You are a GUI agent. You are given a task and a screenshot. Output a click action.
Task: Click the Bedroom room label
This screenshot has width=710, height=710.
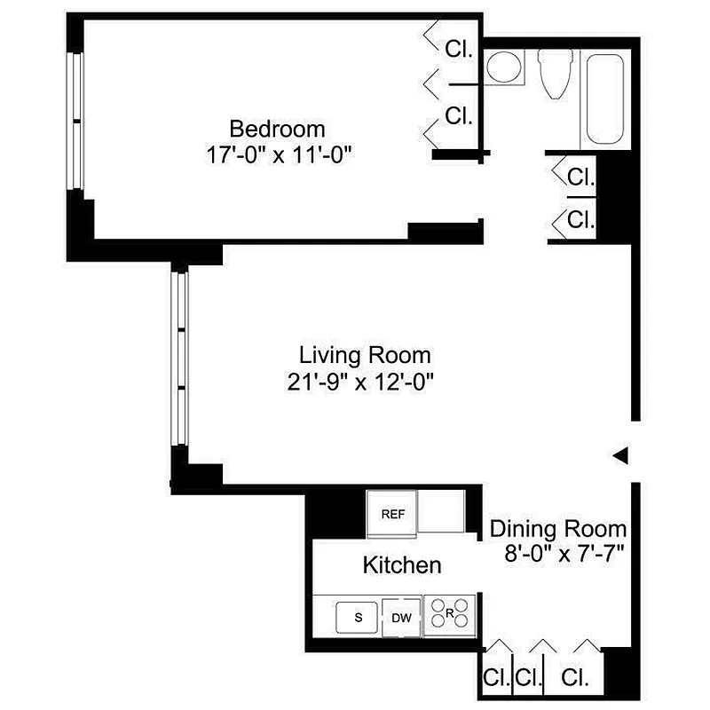click(x=277, y=128)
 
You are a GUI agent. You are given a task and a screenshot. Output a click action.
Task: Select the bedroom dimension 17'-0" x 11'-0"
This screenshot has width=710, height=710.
click(x=278, y=154)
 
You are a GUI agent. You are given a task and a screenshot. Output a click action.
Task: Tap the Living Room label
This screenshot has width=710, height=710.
click(x=365, y=356)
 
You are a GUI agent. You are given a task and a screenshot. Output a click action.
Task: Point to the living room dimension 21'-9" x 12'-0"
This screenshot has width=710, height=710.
click(x=365, y=383)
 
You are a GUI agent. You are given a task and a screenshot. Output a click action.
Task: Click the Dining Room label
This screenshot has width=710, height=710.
click(x=559, y=530)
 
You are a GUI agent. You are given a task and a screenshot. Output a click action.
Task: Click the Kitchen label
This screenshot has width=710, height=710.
click(x=401, y=564)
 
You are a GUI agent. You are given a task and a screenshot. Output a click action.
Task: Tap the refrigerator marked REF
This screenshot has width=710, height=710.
click(x=392, y=514)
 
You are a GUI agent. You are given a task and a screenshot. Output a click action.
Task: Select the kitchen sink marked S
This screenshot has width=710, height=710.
click(x=359, y=617)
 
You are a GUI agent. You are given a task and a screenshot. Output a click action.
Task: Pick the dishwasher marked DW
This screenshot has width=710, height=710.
click(x=401, y=618)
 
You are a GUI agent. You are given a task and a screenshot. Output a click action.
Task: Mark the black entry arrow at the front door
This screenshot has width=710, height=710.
click(x=621, y=455)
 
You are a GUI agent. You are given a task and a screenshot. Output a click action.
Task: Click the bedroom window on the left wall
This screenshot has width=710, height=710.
click(x=76, y=122)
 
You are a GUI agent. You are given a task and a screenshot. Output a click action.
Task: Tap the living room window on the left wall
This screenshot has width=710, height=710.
click(x=179, y=359)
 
